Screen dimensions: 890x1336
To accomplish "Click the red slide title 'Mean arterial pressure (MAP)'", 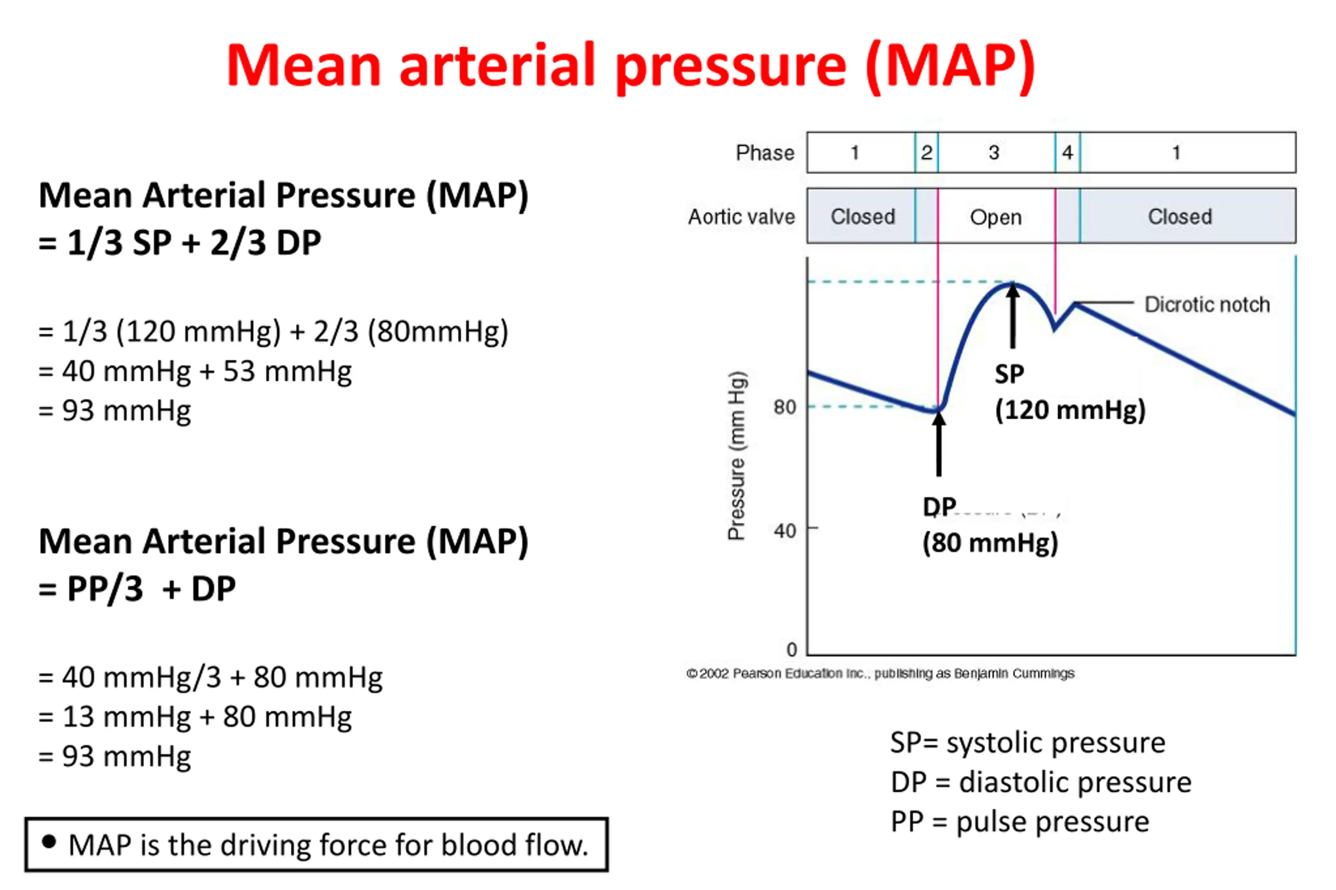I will (x=630, y=66).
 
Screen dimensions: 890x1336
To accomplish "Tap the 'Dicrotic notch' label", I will (x=1207, y=305).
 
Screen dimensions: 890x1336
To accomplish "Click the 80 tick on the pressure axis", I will (x=784, y=407).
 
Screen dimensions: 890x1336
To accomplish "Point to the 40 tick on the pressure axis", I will (x=784, y=531).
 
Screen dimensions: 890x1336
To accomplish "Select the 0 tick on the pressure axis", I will (x=792, y=649).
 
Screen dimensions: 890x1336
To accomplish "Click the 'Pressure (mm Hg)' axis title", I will (x=737, y=455).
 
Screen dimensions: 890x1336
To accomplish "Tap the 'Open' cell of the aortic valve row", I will (x=996, y=217).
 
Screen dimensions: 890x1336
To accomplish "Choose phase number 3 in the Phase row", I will (x=994, y=153).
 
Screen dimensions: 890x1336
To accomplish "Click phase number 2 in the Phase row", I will (x=926, y=153).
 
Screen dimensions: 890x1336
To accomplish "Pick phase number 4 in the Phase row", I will (x=1067, y=153).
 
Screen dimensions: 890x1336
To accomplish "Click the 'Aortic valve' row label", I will (x=741, y=217).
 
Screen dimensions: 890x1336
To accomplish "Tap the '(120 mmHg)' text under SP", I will (x=1070, y=410).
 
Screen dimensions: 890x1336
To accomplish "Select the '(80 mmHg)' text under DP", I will (x=990, y=543).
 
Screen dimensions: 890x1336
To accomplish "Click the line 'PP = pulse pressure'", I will (x=1020, y=821).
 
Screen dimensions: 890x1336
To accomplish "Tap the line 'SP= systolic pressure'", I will (x=1027, y=742).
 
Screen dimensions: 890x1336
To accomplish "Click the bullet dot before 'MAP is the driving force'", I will (x=50, y=842).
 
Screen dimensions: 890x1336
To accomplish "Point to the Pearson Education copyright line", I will (x=880, y=673).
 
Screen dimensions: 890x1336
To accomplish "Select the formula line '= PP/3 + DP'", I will (x=137, y=589).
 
